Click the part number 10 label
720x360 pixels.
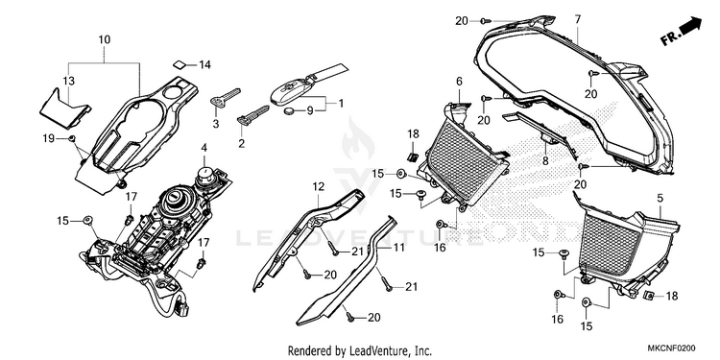[x=105, y=40]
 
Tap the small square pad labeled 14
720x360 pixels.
[x=180, y=63]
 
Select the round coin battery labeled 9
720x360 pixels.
[x=290, y=110]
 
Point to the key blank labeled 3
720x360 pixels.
[x=225, y=98]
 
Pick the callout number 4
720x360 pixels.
[x=204, y=148]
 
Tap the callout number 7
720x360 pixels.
[x=577, y=19]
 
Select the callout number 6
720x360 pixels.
[x=459, y=82]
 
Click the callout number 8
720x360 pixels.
[x=545, y=160]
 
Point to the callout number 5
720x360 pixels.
[x=660, y=199]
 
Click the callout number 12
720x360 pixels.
[x=319, y=187]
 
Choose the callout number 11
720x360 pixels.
[x=398, y=248]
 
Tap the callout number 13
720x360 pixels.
[x=68, y=82]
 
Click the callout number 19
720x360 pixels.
[x=49, y=138]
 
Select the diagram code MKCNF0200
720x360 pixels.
[x=671, y=348]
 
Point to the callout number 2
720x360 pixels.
[x=242, y=143]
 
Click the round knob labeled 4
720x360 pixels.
[x=204, y=176]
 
